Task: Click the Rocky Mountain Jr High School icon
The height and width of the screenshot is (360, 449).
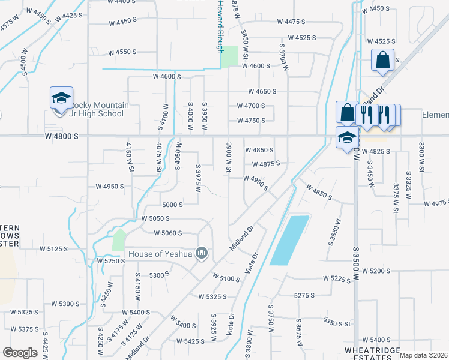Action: click(61, 98)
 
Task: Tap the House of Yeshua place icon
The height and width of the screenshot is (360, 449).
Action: click(202, 254)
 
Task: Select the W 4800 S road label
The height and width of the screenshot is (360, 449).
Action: click(61, 137)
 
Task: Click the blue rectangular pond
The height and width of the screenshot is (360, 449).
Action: click(289, 240)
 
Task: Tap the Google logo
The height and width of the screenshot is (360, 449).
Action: click(20, 353)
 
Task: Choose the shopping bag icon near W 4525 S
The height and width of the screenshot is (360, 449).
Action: click(382, 61)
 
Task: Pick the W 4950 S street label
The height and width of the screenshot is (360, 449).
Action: click(109, 187)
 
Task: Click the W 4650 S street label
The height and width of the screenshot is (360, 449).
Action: click(262, 92)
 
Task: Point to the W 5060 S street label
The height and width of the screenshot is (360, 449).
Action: click(167, 233)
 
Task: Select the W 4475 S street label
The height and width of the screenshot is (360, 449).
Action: click(291, 22)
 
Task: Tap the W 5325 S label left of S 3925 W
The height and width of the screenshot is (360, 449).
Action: click(212, 296)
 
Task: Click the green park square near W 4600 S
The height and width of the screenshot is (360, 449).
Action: click(229, 56)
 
